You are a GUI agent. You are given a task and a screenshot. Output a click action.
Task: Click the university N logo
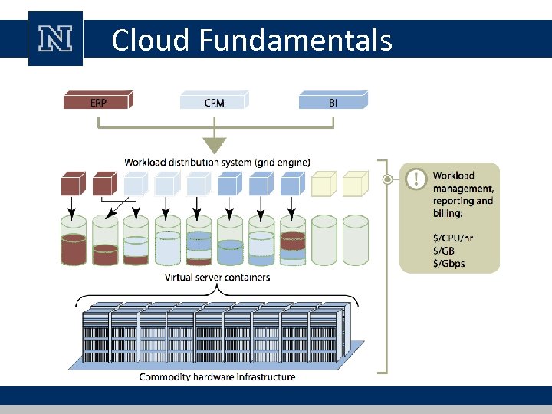[x=55, y=39]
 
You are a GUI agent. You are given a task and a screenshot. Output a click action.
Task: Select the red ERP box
[x=98, y=100]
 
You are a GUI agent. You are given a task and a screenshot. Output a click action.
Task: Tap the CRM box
[x=215, y=100]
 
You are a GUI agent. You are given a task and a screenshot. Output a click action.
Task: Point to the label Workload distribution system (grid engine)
[x=217, y=162]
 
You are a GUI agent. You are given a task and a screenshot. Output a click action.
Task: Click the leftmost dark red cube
[x=73, y=184]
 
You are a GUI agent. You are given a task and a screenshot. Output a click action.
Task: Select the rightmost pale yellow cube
[x=356, y=184]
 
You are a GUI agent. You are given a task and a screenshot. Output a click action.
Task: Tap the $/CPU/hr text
[x=452, y=238]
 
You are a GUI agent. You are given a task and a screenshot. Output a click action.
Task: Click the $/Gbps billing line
[x=449, y=264]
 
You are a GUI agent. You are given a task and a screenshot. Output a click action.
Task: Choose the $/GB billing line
[x=444, y=251]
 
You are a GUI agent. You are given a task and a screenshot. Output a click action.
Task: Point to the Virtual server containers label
[x=217, y=277]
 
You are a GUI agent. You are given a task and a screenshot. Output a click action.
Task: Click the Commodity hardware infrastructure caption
[x=217, y=376]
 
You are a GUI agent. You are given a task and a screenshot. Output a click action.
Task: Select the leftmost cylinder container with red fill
[x=74, y=242]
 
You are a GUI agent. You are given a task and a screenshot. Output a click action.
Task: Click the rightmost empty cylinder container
[x=356, y=242]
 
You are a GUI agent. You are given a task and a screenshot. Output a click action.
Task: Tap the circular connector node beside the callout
[x=388, y=180]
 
